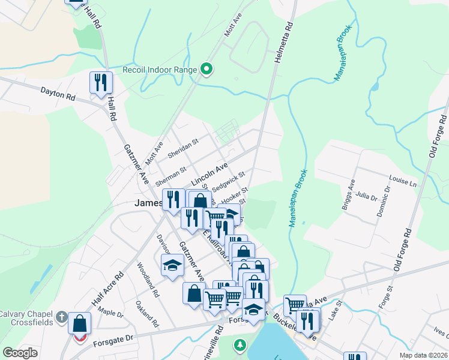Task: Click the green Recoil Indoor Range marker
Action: [x=206, y=70]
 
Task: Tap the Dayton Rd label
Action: [x=58, y=94]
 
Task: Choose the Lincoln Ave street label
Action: [x=209, y=173]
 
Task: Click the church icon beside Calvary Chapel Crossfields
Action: [x=61, y=316]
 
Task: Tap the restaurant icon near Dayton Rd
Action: [x=101, y=82]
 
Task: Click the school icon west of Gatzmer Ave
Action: [x=172, y=265]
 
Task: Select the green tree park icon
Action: [x=240, y=345]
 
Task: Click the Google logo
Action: [x=20, y=353]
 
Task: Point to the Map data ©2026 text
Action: [x=423, y=355]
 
